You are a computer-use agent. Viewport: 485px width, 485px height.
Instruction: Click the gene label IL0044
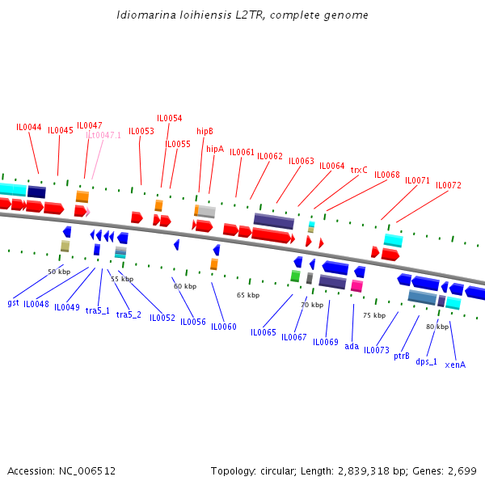tap(29, 127)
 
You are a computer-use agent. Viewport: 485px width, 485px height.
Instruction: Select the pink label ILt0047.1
tap(103, 135)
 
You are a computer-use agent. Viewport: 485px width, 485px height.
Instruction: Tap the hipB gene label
tap(205, 131)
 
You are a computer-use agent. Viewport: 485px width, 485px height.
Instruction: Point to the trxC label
tap(359, 170)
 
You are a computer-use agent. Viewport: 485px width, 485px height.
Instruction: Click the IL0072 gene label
tap(449, 185)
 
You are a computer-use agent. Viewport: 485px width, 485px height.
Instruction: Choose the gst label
tap(13, 303)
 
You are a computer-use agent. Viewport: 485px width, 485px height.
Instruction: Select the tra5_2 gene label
tap(129, 314)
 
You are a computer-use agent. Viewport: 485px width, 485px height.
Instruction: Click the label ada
tap(352, 346)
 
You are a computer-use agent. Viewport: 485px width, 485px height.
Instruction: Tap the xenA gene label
tap(455, 365)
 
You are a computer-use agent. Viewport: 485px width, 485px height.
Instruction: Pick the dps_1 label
tap(426, 361)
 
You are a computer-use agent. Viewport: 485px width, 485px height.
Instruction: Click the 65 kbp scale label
tap(248, 295)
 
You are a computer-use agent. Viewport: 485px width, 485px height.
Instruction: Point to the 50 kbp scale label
tap(59, 272)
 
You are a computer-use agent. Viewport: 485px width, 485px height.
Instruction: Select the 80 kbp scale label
tap(437, 327)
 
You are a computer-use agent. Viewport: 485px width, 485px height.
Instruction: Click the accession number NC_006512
tap(87, 471)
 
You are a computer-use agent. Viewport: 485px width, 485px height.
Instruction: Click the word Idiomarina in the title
tap(146, 15)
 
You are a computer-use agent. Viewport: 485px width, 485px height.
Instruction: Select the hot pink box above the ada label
tap(356, 286)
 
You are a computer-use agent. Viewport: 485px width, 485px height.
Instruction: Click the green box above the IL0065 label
tap(295, 276)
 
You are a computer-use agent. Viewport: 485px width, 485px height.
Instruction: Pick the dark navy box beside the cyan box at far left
tap(36, 192)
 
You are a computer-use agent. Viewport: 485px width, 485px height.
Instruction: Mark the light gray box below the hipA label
tap(207, 211)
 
